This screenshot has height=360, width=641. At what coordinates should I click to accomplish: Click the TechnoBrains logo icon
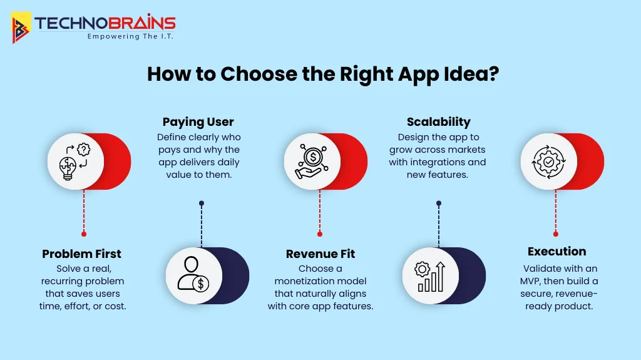[x=21, y=28]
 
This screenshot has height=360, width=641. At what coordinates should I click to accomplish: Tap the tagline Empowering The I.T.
[x=130, y=36]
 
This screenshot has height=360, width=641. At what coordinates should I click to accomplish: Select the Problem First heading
[x=82, y=254]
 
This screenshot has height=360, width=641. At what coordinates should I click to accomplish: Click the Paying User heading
[x=198, y=121]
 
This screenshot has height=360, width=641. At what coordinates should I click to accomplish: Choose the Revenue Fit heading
[x=320, y=254]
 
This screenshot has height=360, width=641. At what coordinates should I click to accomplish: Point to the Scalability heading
[x=438, y=121]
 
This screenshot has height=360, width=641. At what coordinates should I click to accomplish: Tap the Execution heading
[x=556, y=251]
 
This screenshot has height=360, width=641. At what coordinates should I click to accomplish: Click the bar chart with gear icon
[x=429, y=275]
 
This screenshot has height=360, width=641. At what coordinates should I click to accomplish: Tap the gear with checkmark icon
[x=549, y=162]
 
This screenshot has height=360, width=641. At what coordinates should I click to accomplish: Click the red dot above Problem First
[x=83, y=234]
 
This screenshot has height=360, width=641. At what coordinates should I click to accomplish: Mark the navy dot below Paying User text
[x=201, y=203]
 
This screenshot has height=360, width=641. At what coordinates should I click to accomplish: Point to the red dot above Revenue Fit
[x=320, y=234]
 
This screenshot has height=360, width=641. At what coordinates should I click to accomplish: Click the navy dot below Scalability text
[x=438, y=203]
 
